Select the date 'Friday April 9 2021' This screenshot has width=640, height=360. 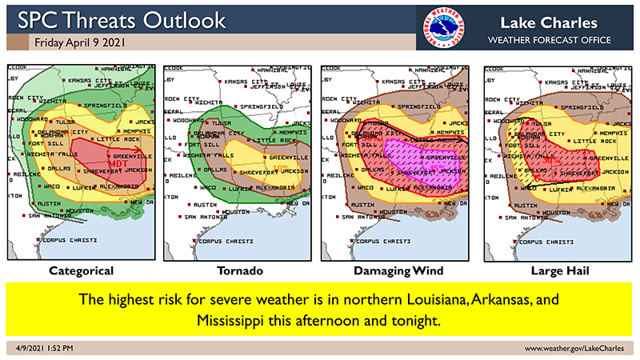point(78,41)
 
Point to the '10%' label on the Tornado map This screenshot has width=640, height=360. point(282,146)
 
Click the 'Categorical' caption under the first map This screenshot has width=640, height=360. point(81,271)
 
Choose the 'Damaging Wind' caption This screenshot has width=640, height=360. point(394,271)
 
